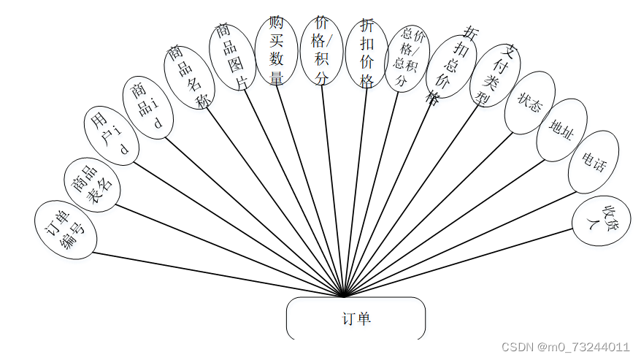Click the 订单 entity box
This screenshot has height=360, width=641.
(x=356, y=318)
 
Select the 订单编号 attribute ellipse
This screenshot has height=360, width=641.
(x=66, y=229)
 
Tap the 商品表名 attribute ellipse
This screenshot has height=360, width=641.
(x=92, y=184)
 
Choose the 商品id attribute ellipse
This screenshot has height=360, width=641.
(x=148, y=107)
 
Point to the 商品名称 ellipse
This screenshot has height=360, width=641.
(x=189, y=77)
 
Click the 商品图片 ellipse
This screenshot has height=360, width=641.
(x=232, y=57)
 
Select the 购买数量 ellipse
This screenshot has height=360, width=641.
(x=277, y=51)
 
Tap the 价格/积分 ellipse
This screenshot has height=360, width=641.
(x=321, y=51)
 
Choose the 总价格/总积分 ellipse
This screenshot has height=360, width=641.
(x=407, y=58)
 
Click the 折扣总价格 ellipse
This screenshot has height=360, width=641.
(x=451, y=66)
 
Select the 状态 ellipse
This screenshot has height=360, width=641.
(x=530, y=103)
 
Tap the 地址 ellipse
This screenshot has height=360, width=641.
(x=561, y=130)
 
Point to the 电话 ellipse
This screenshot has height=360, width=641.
(x=594, y=162)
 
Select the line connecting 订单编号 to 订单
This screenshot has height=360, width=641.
(x=219, y=275)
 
